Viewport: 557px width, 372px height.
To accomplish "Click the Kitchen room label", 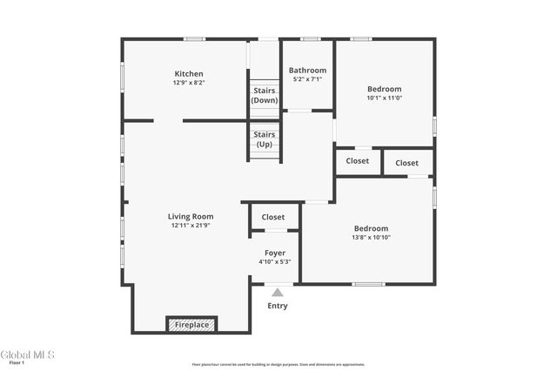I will (189, 74).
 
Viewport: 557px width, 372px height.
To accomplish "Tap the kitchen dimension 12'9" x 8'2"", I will (189, 83).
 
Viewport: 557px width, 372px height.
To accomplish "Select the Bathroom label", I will (307, 71).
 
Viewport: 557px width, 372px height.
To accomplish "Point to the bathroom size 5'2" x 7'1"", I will (307, 79).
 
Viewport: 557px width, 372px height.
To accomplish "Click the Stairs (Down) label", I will (264, 95).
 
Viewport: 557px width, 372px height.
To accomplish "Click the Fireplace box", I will (191, 325).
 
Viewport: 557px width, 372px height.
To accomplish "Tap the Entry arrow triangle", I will (278, 293).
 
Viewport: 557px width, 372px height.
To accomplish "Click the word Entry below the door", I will (278, 306).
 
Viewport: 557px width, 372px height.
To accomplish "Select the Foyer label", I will (274, 253).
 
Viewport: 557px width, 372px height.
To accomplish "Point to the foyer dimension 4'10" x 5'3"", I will (274, 261).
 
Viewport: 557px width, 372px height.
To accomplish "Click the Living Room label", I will (191, 216).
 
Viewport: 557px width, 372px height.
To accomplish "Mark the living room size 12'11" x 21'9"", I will (191, 225).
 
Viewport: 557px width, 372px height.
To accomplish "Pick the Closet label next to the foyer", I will (273, 217).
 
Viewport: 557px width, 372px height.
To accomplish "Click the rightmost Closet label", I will (406, 163).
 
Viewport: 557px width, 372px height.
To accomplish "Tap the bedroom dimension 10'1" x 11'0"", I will (384, 98).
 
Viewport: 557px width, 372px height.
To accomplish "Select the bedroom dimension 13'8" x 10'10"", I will (371, 237).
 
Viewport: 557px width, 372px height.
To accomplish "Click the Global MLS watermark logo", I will (27, 355).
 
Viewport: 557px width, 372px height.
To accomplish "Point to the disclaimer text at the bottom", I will (278, 365).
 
